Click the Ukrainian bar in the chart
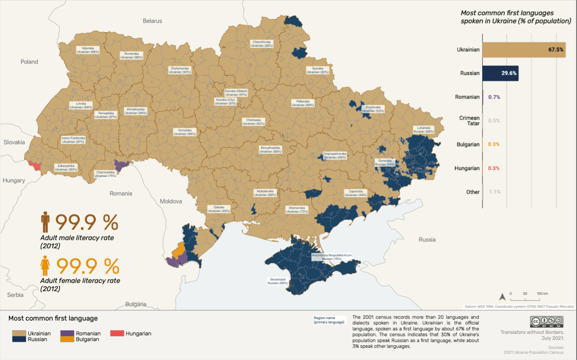point(524,49)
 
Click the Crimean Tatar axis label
point(469,121)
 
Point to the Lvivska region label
point(81,106)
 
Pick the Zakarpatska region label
point(66,167)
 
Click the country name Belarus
point(153,21)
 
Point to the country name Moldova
point(171,201)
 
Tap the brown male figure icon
point(45,223)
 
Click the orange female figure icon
point(45,266)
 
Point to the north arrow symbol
point(502,296)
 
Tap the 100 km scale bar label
point(542,293)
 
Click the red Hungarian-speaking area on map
point(34,165)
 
